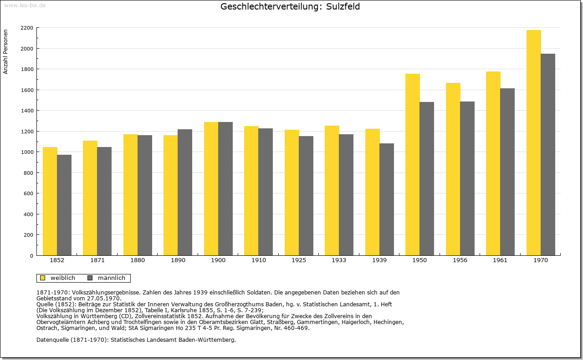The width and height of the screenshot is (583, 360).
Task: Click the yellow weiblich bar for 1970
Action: tap(533, 142)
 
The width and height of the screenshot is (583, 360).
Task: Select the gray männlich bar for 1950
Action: tap(427, 179)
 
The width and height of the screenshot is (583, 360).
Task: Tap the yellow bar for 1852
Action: tap(50, 201)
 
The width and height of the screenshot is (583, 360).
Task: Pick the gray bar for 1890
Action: tap(185, 192)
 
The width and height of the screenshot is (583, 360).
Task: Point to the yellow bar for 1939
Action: tap(373, 192)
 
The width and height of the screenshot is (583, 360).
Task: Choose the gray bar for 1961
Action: tap(507, 172)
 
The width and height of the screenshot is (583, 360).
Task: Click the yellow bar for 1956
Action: tap(453, 169)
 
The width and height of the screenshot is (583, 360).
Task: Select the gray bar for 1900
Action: tap(225, 188)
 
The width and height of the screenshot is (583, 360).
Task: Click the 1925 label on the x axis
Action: tap(299, 260)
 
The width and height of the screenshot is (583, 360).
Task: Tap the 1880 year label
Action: tap(138, 260)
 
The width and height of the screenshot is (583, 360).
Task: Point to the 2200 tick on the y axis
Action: tap(27, 28)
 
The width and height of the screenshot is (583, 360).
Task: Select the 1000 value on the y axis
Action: tap(27, 152)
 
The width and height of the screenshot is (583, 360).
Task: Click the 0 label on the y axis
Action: tap(31, 256)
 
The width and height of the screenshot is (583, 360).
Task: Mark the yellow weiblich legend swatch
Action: tap(43, 278)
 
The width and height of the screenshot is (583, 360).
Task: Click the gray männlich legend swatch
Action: tap(90, 278)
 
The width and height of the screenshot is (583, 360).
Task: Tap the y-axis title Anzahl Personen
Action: tap(5, 52)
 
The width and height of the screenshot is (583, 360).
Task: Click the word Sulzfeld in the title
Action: tap(343, 6)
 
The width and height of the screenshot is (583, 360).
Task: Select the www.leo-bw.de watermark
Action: tap(25, 5)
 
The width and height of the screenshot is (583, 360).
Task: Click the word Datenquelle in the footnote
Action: tap(52, 340)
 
